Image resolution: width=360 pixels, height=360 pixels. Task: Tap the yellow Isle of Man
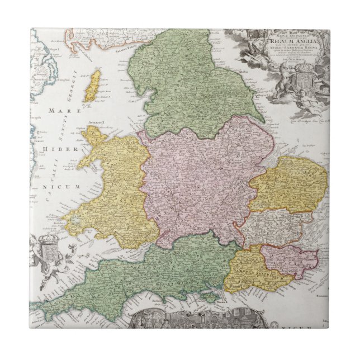[x=92, y=86]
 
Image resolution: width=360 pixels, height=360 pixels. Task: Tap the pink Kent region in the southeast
[x=288, y=259]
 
